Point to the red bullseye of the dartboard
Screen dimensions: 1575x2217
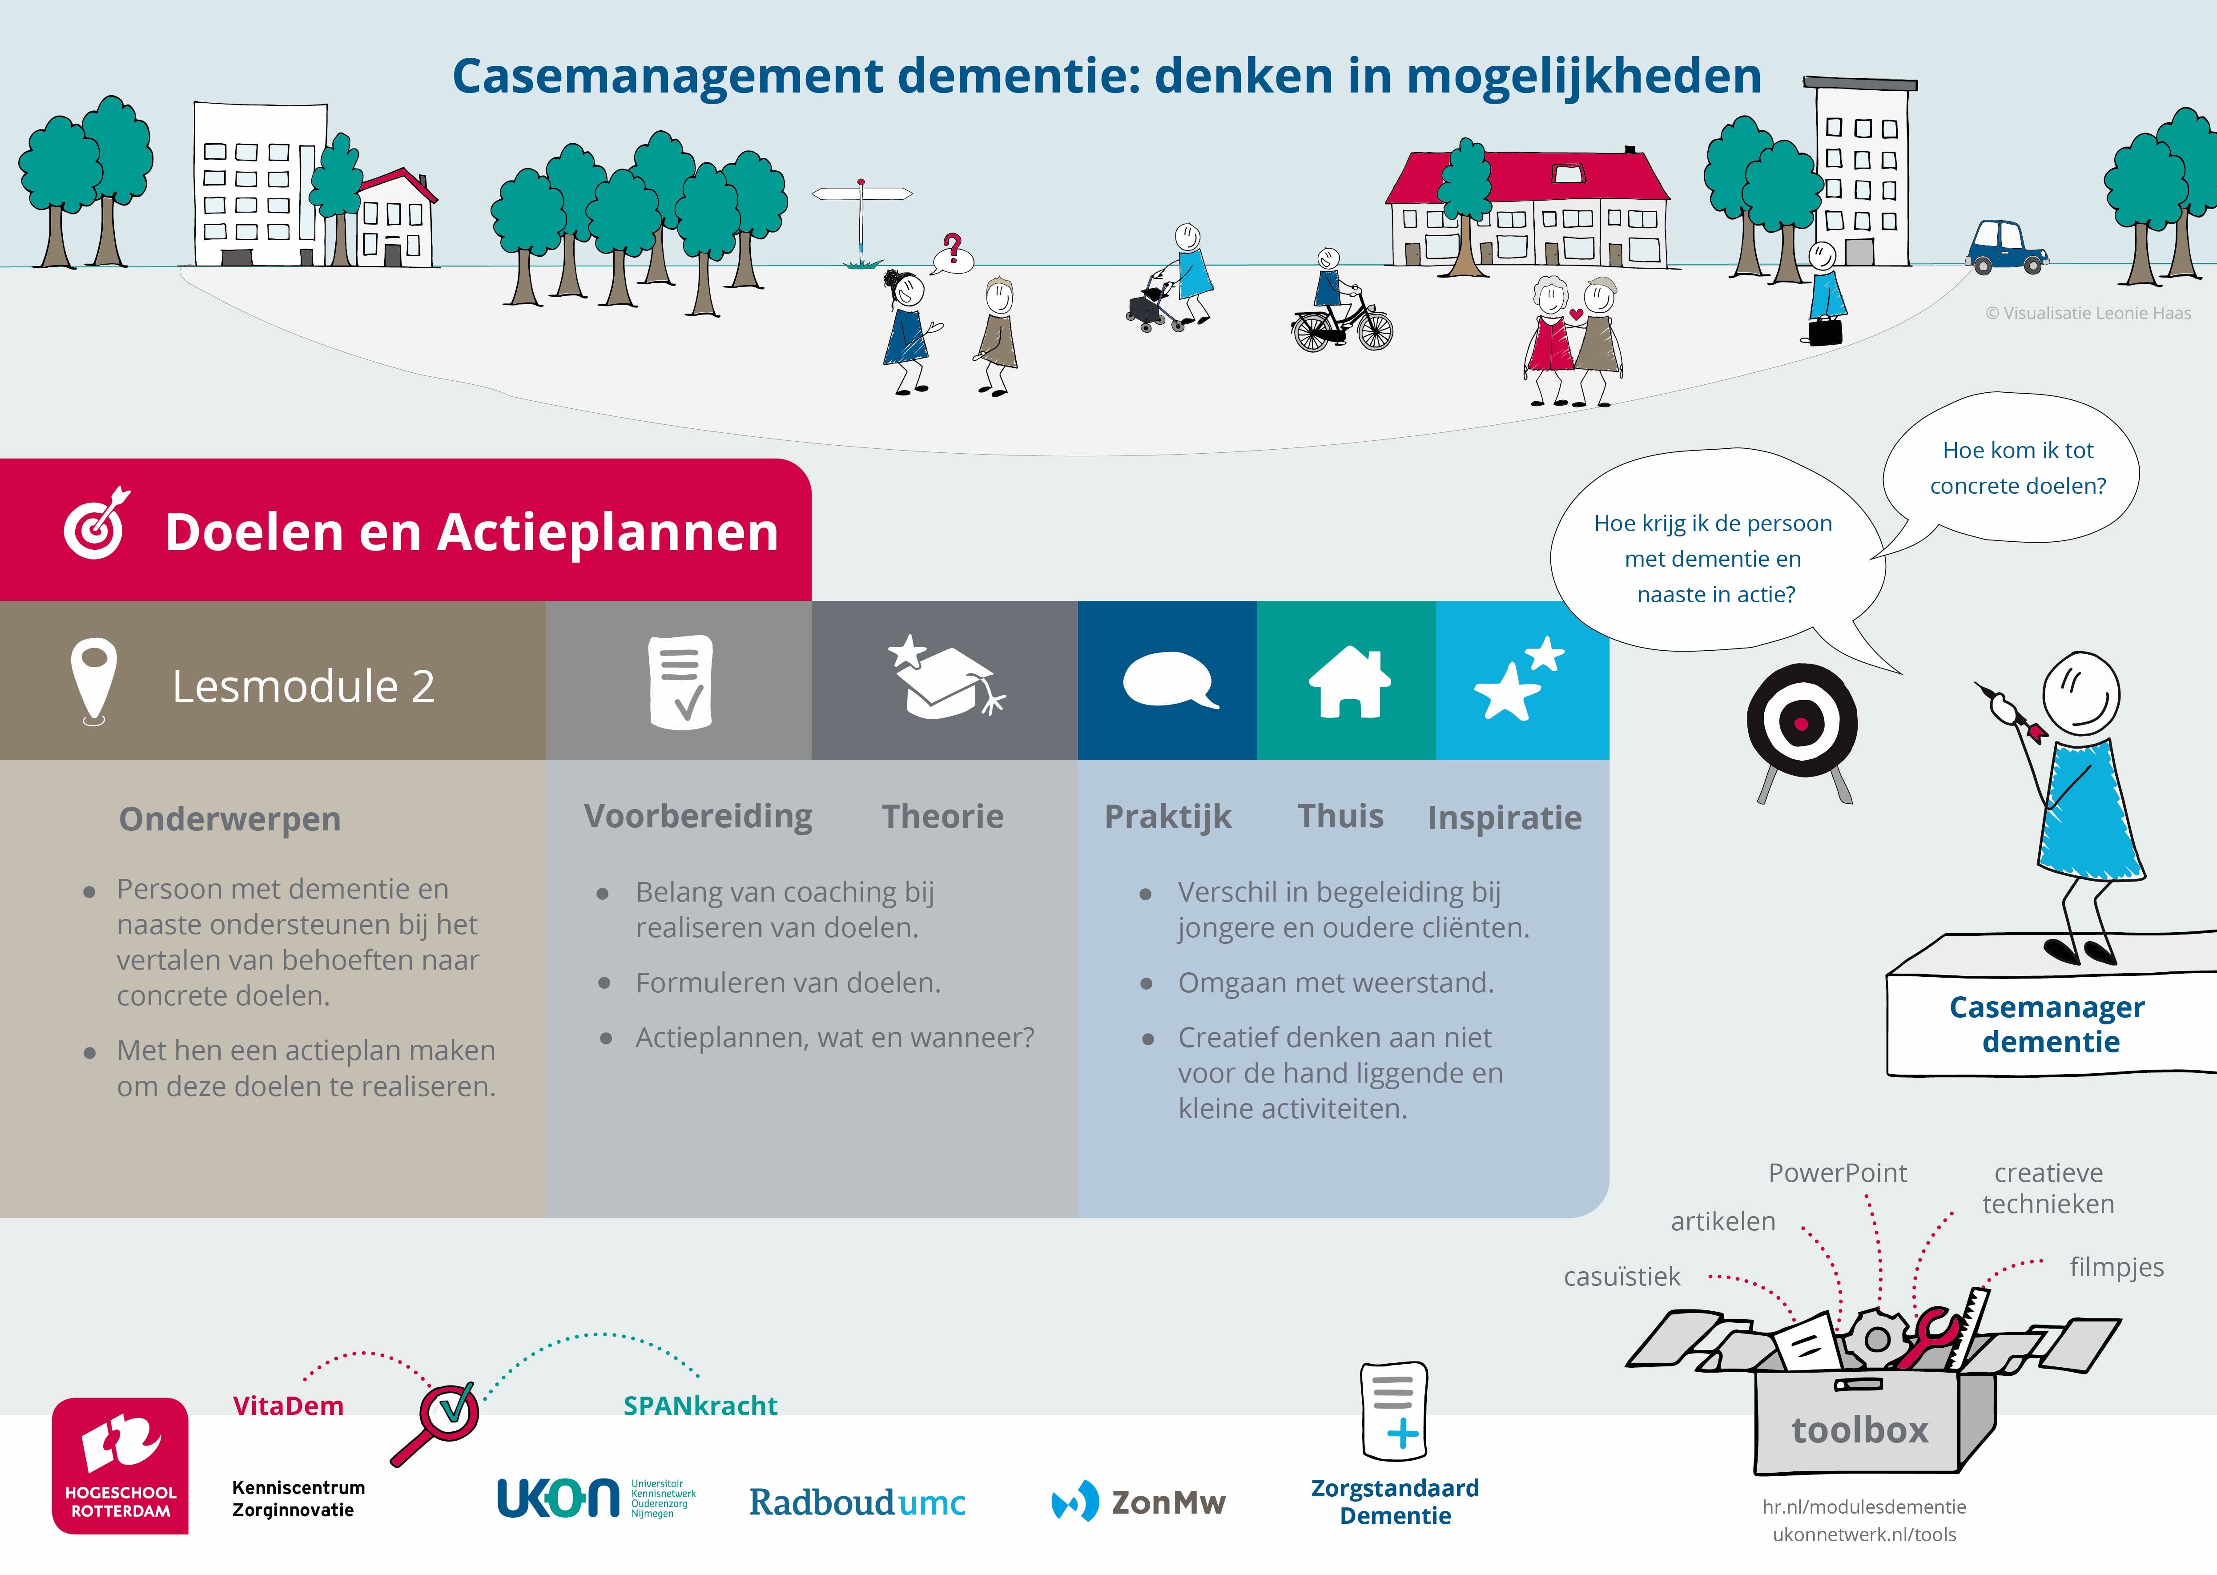(x=1801, y=724)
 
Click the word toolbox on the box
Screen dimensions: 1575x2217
(x=1859, y=1430)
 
